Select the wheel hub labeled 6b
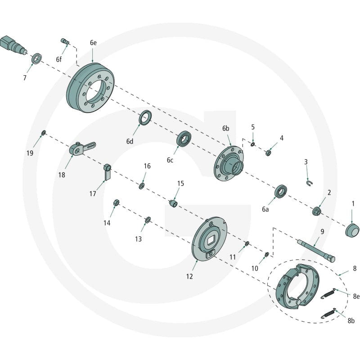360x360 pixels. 228,163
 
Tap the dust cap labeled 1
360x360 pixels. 352,230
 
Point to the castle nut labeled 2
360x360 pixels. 317,211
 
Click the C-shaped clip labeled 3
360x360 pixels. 309,184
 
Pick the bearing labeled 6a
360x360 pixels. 281,191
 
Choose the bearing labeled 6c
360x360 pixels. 184,139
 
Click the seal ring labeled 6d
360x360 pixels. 145,117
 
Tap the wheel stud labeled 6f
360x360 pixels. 65,41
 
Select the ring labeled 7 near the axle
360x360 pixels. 36,58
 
